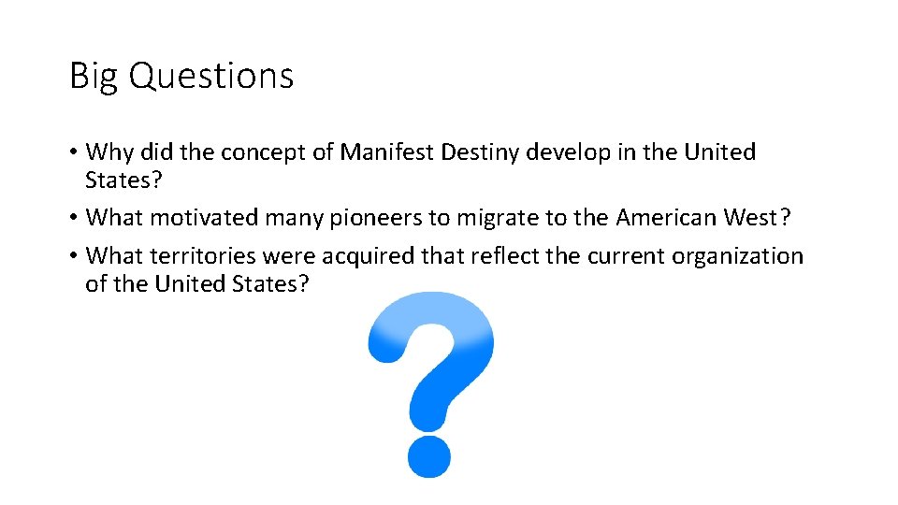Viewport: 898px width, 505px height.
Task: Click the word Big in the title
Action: (94, 76)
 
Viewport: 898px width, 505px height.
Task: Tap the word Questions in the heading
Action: (211, 76)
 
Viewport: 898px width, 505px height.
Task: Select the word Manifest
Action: (382, 152)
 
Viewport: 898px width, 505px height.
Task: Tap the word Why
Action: (107, 152)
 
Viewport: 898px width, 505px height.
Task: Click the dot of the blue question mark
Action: (429, 454)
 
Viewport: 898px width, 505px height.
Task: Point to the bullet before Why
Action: (74, 153)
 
